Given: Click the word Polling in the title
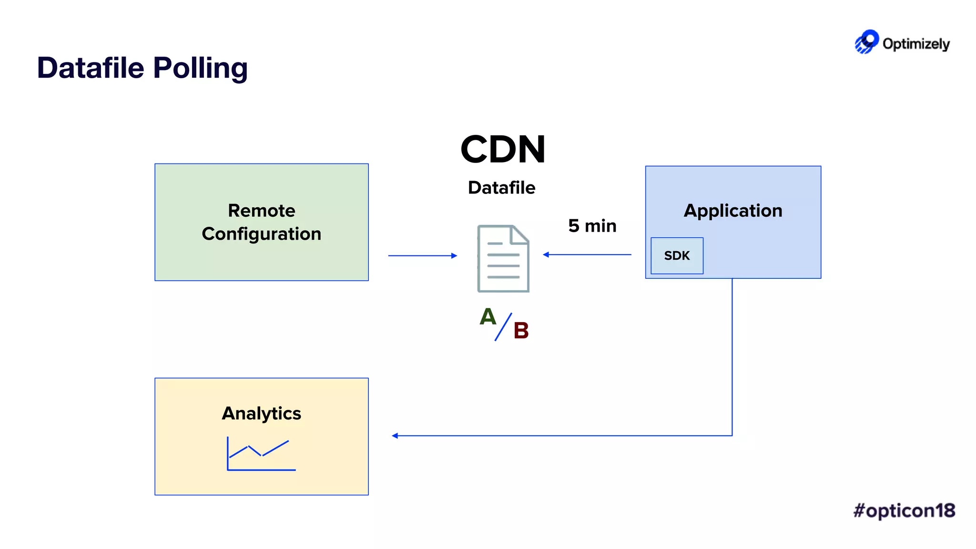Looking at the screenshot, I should point(200,68).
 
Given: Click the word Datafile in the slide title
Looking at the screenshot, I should point(91,68).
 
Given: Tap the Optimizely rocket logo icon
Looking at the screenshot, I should point(866,42).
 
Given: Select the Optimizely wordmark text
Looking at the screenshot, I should point(916,44).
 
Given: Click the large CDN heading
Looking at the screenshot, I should point(503,150).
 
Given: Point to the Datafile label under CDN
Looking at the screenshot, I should point(501,188).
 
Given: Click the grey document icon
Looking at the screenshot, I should point(503,259).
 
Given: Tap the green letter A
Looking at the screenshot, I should point(488,316).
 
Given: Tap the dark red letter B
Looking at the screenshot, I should point(521,331).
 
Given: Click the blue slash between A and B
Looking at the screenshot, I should point(503,327).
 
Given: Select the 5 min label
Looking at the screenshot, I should point(592,226).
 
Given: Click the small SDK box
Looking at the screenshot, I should point(677,256).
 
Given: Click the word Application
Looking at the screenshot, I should point(733,211).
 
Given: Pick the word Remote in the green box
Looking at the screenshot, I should point(261,211).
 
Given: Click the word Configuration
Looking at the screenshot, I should point(261,234).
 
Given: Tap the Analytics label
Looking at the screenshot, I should point(261,413).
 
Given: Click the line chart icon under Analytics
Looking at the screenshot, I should point(261,454).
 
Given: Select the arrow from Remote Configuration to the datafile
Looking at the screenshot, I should point(422,256).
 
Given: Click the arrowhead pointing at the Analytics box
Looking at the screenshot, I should point(395,436).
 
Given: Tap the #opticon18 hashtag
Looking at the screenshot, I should point(904,510).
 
